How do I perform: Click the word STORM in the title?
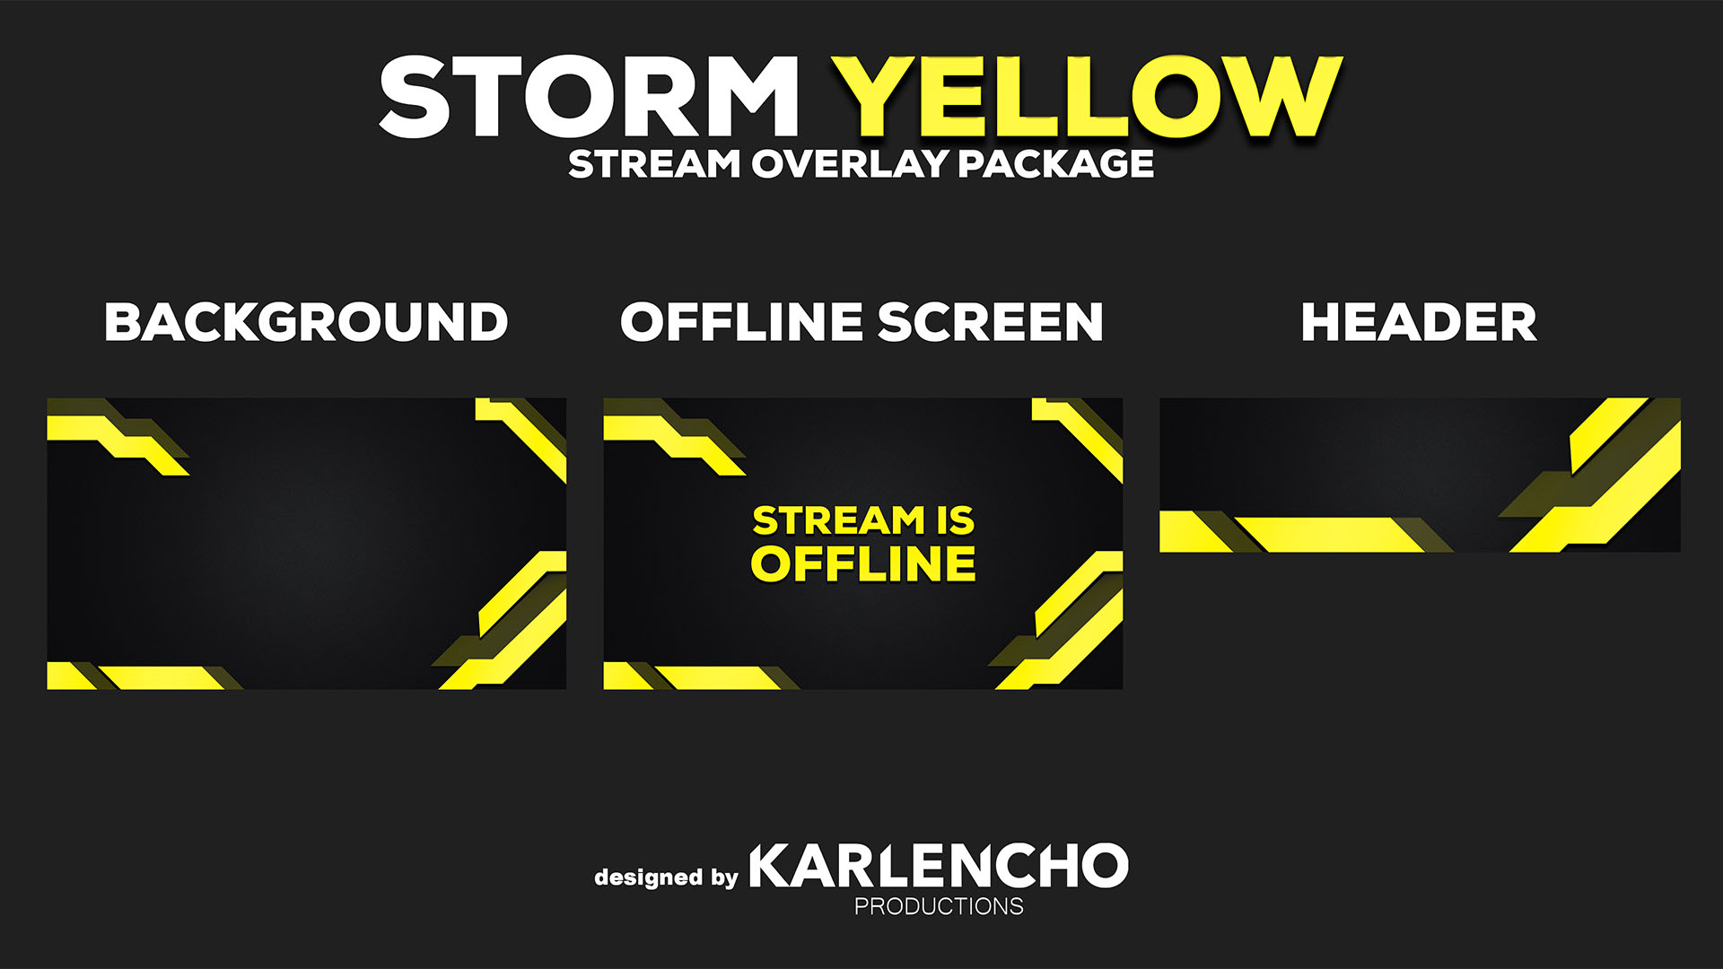(589, 96)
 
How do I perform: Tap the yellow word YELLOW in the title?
(1086, 96)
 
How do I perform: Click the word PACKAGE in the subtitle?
(1055, 164)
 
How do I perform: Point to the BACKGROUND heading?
(306, 322)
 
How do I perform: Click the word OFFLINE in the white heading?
(741, 322)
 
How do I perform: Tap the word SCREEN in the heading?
(990, 322)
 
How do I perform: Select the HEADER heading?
(1419, 322)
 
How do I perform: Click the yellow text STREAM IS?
(863, 520)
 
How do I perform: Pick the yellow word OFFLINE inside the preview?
(863, 563)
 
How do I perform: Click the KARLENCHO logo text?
(939, 866)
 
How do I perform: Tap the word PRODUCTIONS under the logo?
(939, 906)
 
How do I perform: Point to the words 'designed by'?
(666, 877)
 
